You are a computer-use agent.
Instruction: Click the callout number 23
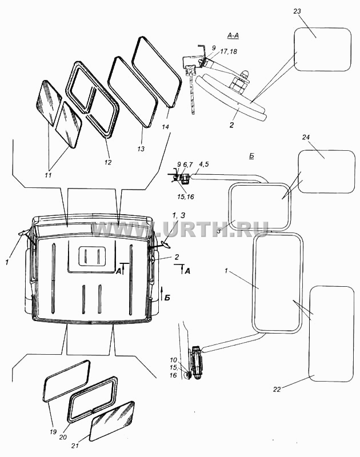297,11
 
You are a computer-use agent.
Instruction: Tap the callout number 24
306,137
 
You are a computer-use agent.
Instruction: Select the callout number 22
277,389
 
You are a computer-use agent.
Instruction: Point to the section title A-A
233,35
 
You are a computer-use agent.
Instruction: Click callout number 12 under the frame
108,162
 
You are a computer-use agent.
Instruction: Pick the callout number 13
141,149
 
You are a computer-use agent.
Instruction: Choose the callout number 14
166,127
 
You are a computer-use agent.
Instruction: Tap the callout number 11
48,175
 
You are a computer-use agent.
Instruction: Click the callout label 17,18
229,51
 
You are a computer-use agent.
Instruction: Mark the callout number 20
63,438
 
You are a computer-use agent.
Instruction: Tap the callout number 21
75,446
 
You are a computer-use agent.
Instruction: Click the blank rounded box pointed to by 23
322,49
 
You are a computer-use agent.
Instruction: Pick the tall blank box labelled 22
331,334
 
